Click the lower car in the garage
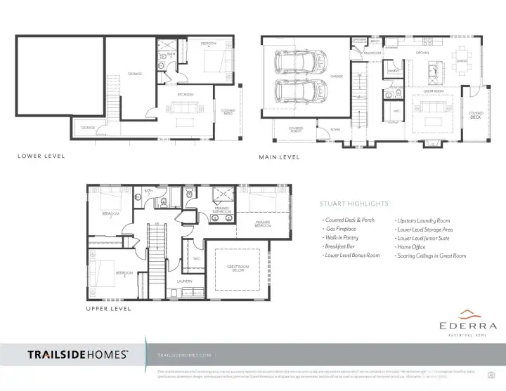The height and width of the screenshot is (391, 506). [297, 91]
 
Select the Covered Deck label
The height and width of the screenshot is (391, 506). [476, 115]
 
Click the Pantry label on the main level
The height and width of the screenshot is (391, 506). [394, 71]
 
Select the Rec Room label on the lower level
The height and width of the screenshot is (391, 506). [186, 94]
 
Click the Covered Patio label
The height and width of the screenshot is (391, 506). [228, 112]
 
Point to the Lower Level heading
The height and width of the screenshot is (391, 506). [41, 156]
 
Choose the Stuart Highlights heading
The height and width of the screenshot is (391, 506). [353, 204]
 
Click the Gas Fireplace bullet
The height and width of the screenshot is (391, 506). [341, 229]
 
